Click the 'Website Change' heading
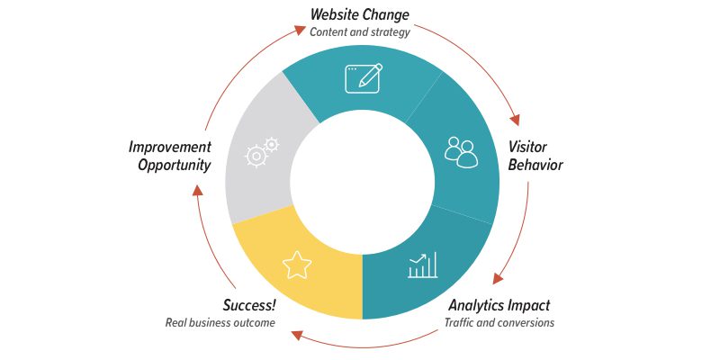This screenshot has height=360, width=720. (x=359, y=14)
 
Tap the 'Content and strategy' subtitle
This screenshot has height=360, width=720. (x=359, y=32)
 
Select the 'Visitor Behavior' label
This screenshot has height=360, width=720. (x=535, y=156)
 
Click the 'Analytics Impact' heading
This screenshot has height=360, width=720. (x=499, y=305)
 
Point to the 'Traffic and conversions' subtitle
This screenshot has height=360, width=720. (x=499, y=322)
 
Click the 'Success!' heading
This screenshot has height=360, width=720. (x=248, y=305)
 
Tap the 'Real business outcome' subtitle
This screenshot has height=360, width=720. (x=220, y=322)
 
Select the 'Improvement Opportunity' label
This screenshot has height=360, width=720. (x=169, y=156)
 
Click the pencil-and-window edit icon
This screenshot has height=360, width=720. (x=364, y=77)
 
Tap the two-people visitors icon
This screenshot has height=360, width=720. (x=461, y=152)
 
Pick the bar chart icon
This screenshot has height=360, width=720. (x=422, y=265)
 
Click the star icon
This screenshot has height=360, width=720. (x=297, y=265)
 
